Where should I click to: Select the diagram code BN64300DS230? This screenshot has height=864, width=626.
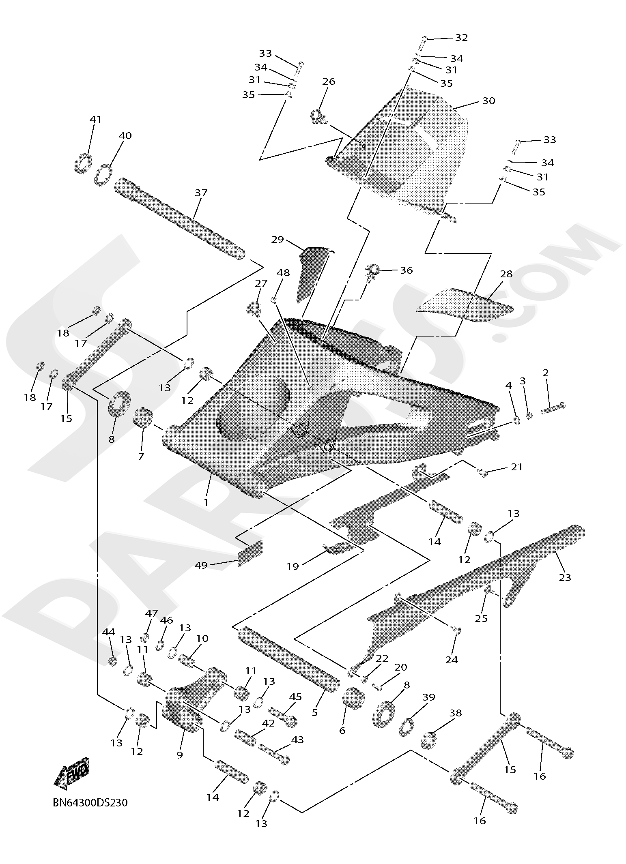[x=90, y=802]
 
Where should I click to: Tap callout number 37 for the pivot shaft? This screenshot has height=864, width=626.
[x=201, y=193]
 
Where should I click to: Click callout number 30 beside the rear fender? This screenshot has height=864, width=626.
[x=488, y=101]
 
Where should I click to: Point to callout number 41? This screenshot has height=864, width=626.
[x=95, y=120]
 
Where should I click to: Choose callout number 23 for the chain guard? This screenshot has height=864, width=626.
[x=565, y=577]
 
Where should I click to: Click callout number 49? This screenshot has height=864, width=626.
[x=201, y=565]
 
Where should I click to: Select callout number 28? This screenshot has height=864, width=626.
[x=506, y=274]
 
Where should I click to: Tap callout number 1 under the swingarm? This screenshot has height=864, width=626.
[x=206, y=502]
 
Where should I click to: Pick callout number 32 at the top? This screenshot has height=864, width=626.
[x=461, y=38]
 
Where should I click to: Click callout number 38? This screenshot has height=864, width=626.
[x=456, y=713]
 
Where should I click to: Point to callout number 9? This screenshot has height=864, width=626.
[x=179, y=755]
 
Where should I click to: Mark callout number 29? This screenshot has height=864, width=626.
[x=278, y=240]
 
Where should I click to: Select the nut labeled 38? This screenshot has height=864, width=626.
[x=430, y=740]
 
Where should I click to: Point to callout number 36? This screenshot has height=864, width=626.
[x=406, y=270]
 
